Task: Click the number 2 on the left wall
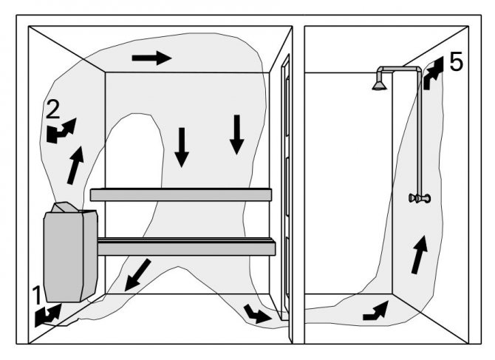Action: coord(52,110)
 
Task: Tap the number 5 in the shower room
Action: coord(456,62)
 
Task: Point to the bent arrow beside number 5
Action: coord(433,74)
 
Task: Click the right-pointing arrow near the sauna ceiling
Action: coord(151,58)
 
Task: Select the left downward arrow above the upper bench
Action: coord(182,146)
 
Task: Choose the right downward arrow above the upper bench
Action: coord(236,135)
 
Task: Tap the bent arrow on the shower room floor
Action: coord(375,311)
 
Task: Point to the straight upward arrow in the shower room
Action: coord(419,254)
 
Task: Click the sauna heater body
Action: coord(68,255)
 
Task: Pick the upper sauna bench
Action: coord(181,194)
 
